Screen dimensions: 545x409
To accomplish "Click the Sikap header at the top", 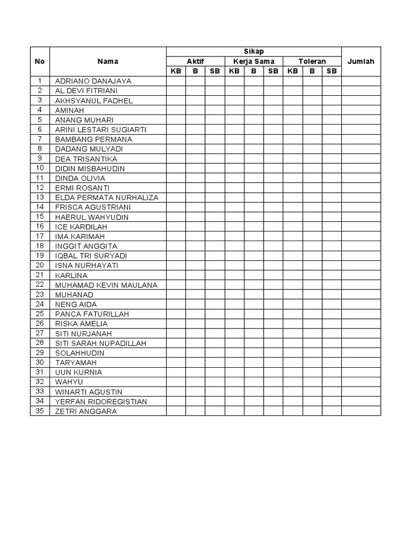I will point(253,52).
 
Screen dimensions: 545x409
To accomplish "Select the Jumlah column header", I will point(361,61).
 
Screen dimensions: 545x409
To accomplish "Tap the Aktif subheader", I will point(195,62).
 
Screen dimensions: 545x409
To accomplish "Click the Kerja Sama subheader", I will point(253,62).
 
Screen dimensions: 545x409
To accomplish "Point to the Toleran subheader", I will point(312,62).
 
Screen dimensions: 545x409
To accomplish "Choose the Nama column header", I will point(108,61).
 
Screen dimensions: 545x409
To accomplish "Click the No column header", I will point(40,61).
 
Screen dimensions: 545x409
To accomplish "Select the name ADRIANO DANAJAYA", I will point(93,81).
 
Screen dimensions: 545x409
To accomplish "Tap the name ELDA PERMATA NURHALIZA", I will point(107,197).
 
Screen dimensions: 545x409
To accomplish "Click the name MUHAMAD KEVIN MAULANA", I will point(107,285).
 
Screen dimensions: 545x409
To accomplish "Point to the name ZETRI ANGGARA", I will point(86,411).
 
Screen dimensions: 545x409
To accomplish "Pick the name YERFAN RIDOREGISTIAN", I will point(101,401).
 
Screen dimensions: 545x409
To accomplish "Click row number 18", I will point(40,246).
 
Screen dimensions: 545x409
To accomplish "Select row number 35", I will point(40,411).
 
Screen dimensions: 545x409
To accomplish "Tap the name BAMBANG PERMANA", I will point(94,139).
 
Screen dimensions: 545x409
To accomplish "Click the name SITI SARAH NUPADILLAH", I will point(101,343).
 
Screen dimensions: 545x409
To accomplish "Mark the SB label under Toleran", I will point(332,71).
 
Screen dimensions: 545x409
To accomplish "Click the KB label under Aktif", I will point(176,71).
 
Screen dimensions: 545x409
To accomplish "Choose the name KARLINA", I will point(71,276).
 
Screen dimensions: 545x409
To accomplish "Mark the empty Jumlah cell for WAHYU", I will point(361,382).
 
